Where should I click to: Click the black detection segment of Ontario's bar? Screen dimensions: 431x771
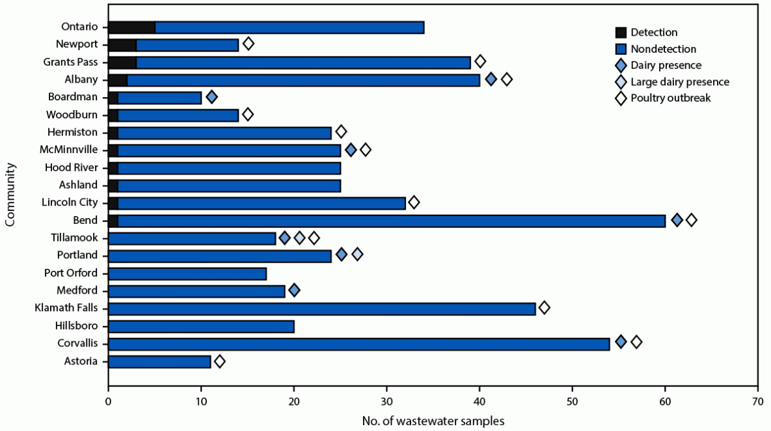pos(131,27)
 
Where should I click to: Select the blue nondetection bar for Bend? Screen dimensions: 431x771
pos(390,221)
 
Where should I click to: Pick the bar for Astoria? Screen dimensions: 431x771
pos(159,361)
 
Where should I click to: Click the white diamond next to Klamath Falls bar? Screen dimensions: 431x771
pos(544,307)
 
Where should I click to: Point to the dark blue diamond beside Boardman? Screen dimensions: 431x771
pos(211,97)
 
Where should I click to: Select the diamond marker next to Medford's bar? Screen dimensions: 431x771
pos(294,290)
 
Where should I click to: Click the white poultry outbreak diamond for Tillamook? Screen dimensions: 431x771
pos(314,238)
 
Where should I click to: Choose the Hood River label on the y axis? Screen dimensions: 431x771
pos(72,168)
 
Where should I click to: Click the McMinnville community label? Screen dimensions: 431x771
pos(70,150)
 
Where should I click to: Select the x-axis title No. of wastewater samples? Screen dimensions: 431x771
pos(433,421)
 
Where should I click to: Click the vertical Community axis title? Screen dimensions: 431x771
pos(9,194)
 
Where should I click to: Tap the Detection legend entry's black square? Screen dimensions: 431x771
pos(620,33)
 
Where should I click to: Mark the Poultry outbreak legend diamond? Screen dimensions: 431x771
pos(620,98)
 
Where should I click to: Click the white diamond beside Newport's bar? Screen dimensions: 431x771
pos(248,44)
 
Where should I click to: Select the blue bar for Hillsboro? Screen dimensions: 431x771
pos(201,326)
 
